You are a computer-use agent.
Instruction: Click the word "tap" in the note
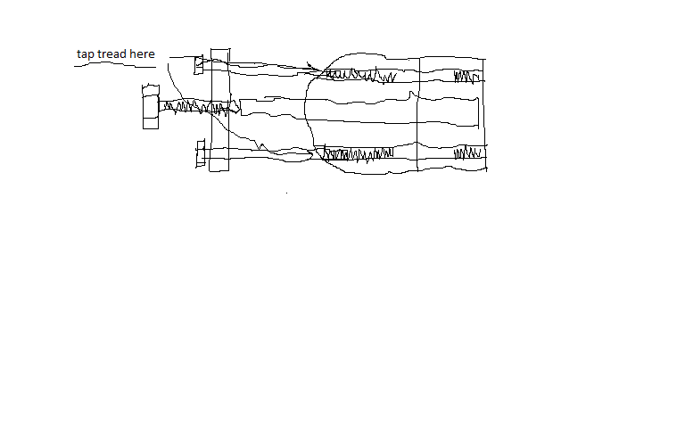point(86,54)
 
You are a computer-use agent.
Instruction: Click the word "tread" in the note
point(111,53)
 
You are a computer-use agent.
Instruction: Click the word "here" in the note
point(142,53)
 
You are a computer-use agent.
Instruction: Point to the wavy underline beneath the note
point(115,64)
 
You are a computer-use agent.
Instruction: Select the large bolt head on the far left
point(151,107)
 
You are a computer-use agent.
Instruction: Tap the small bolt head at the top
point(199,65)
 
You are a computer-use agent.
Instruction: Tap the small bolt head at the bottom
point(201,153)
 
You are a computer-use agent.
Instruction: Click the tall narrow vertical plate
point(219,110)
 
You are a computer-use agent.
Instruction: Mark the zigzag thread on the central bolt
point(195,107)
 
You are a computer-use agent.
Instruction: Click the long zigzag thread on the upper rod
point(361,75)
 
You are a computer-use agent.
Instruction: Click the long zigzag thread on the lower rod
point(359,154)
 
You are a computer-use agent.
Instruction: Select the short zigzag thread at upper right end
point(467,77)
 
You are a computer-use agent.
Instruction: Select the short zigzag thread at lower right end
point(468,152)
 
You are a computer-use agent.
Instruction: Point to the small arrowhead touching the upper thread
point(310,66)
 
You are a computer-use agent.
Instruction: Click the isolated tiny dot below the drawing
point(286,193)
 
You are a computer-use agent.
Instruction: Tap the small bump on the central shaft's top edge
point(411,95)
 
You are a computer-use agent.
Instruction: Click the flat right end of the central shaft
point(479,112)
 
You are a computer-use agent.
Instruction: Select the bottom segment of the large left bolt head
point(151,123)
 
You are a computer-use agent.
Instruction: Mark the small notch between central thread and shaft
point(235,106)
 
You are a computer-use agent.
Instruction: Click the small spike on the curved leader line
point(261,146)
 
